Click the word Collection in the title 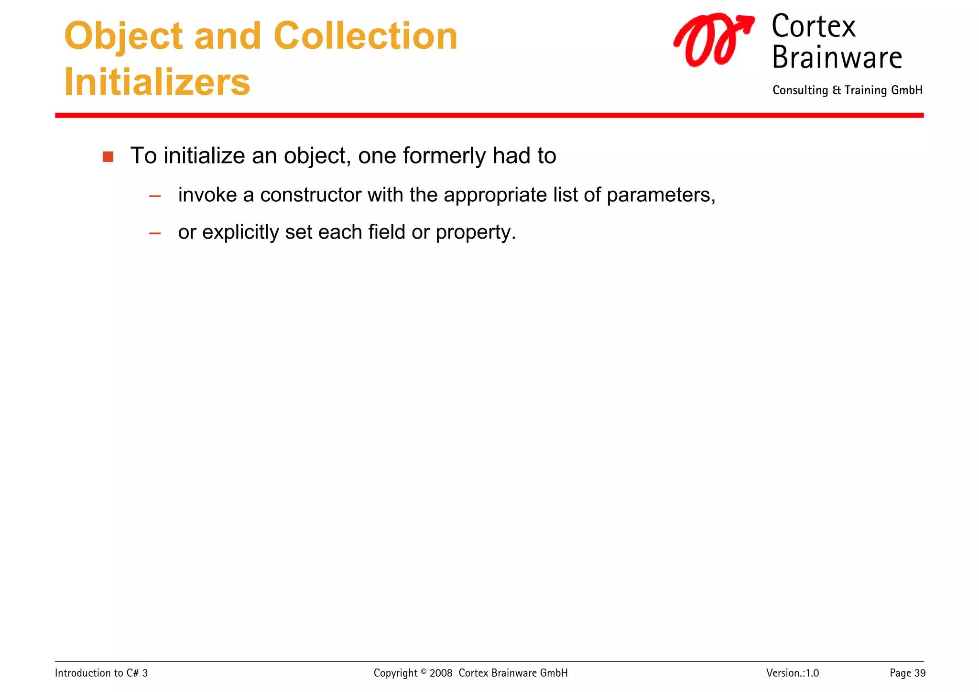pyautogui.click(x=365, y=36)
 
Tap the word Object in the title pyautogui.click(x=123, y=36)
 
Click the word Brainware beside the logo pyautogui.click(x=837, y=57)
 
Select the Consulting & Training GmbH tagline pyautogui.click(x=847, y=90)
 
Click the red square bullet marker pyautogui.click(x=108, y=157)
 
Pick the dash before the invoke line pyautogui.click(x=155, y=196)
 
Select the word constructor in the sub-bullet pyautogui.click(x=310, y=195)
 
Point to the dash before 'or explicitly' pyautogui.click(x=155, y=233)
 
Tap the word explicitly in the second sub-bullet pyautogui.click(x=240, y=232)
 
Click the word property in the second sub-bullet pyautogui.click(x=475, y=232)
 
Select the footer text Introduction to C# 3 pyautogui.click(x=101, y=673)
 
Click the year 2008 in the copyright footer pyautogui.click(x=441, y=673)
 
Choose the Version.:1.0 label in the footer pyautogui.click(x=792, y=673)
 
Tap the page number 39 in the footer pyautogui.click(x=920, y=673)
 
